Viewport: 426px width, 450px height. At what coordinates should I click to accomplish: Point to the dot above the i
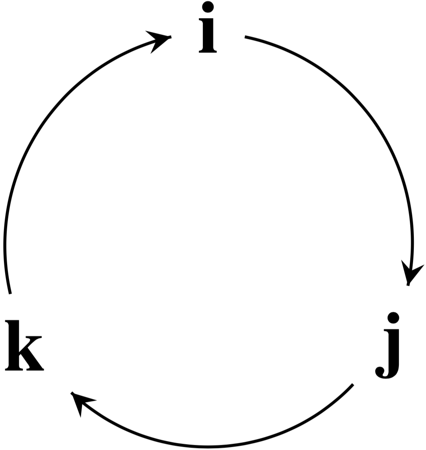pyautogui.click(x=208, y=7)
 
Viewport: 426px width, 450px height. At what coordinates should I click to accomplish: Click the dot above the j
pyautogui.click(x=393, y=317)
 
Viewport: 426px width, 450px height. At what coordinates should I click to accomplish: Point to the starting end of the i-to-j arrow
pyautogui.click(x=246, y=37)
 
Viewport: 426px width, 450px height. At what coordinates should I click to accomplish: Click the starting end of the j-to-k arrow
pyautogui.click(x=352, y=385)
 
